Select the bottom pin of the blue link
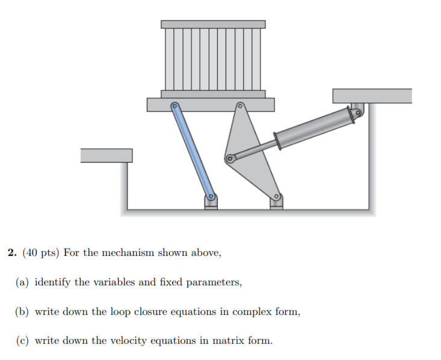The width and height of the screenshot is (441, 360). click(x=211, y=196)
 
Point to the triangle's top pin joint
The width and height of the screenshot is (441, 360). click(x=239, y=107)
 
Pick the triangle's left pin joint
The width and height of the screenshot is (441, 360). click(x=229, y=160)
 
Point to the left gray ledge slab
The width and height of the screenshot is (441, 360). click(x=106, y=155)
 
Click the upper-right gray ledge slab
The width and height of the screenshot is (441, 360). click(x=372, y=96)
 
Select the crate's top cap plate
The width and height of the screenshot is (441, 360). click(x=213, y=24)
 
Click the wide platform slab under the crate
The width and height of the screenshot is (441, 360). click(x=210, y=105)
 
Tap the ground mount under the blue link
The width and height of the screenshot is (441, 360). click(x=211, y=204)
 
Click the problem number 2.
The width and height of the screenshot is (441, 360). click(x=11, y=253)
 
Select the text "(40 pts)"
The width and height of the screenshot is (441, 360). click(x=41, y=253)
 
